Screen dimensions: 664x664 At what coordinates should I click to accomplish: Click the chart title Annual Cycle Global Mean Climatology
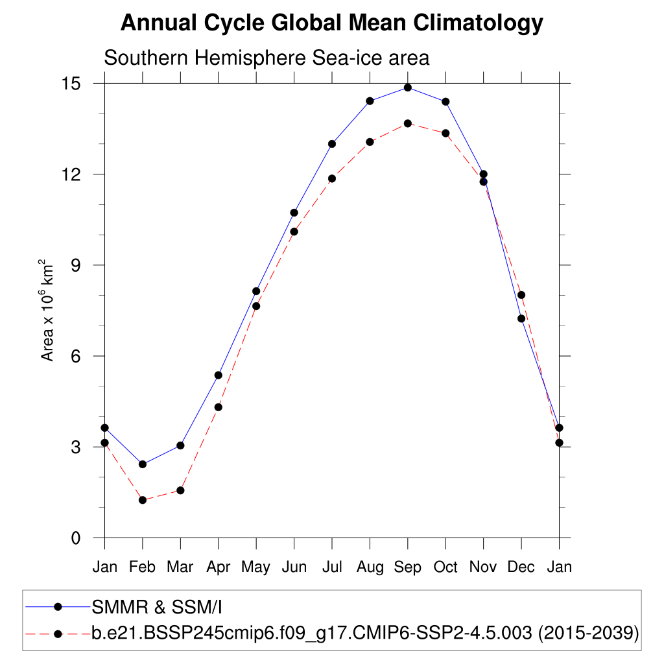point(331,23)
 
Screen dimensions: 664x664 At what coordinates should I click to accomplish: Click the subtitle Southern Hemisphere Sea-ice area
point(267,58)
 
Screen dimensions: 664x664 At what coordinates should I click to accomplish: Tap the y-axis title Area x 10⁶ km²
point(47,310)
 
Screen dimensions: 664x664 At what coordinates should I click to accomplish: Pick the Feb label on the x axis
point(142,567)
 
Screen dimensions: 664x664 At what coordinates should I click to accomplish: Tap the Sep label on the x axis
point(407,567)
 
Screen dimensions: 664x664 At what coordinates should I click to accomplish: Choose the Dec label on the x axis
point(521,567)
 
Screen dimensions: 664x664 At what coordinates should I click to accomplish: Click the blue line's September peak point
point(408,88)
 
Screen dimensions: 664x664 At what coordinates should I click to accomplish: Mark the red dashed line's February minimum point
point(143,500)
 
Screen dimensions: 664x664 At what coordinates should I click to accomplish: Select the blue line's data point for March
point(180,445)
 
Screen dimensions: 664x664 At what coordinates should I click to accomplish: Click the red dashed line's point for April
point(219,407)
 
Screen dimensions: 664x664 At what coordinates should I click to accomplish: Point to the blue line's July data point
point(332,144)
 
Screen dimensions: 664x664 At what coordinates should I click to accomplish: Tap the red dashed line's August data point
point(370,142)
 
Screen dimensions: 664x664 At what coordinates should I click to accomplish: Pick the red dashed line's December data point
point(521,295)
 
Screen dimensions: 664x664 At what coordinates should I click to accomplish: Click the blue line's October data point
point(445,102)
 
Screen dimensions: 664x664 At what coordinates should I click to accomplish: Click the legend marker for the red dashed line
point(58,633)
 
